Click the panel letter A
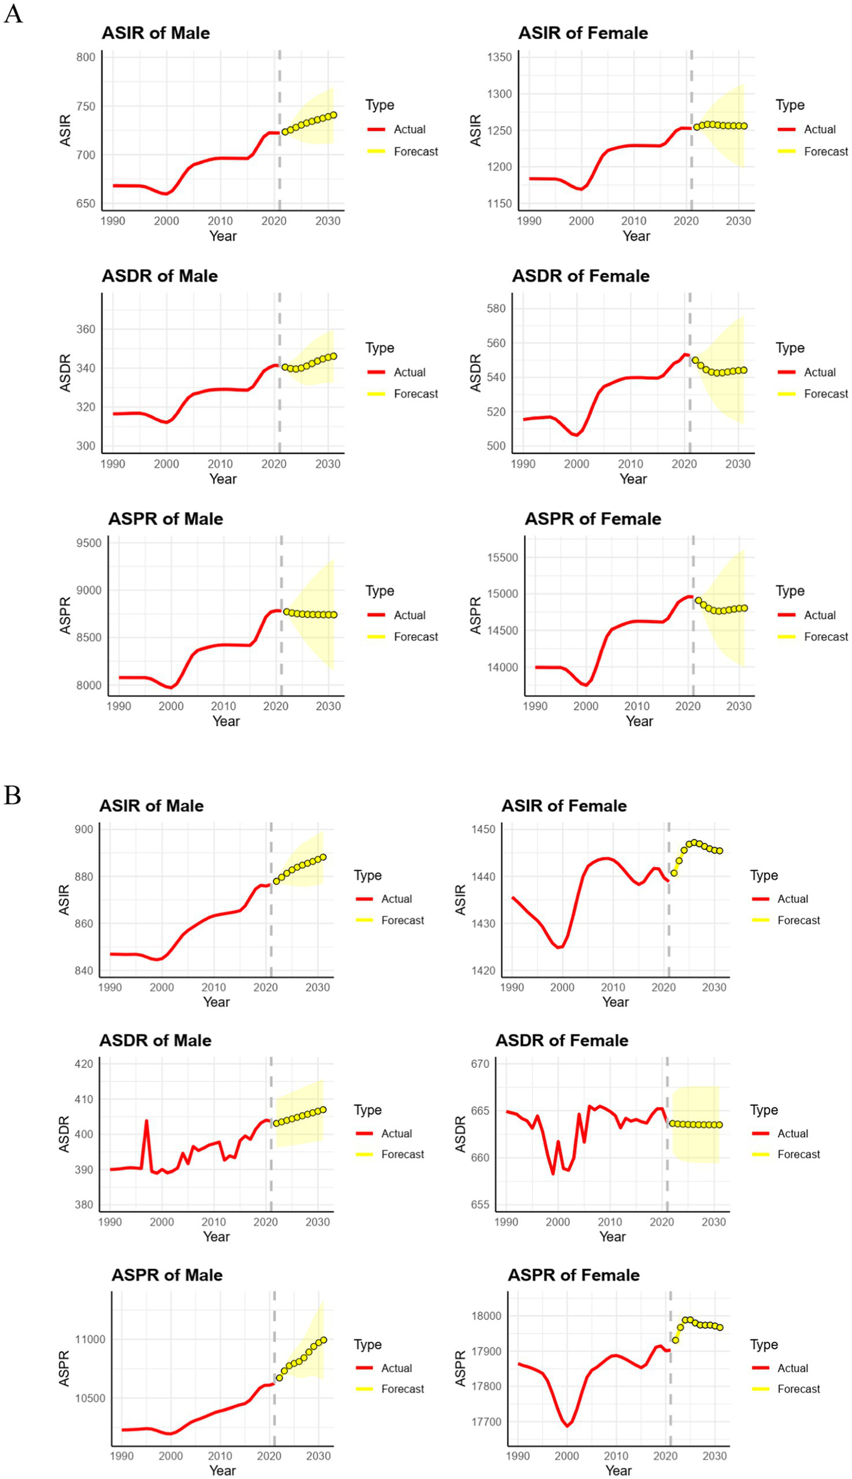point(13,12)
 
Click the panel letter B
point(12,795)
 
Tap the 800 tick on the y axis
point(85,57)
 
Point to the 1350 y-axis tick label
point(499,57)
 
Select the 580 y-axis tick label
point(496,309)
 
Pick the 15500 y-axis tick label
point(502,558)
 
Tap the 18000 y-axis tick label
point(485,1316)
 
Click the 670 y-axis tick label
point(479,1064)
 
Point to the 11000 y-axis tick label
point(89,1339)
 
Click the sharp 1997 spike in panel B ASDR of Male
point(146,1121)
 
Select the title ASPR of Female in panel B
point(573,1275)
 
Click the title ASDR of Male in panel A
point(160,276)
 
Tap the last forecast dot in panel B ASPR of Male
point(323,1340)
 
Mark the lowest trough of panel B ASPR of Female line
point(567,1426)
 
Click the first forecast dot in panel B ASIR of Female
point(674,873)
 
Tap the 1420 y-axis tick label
point(483,970)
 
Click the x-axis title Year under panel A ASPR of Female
point(639,721)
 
